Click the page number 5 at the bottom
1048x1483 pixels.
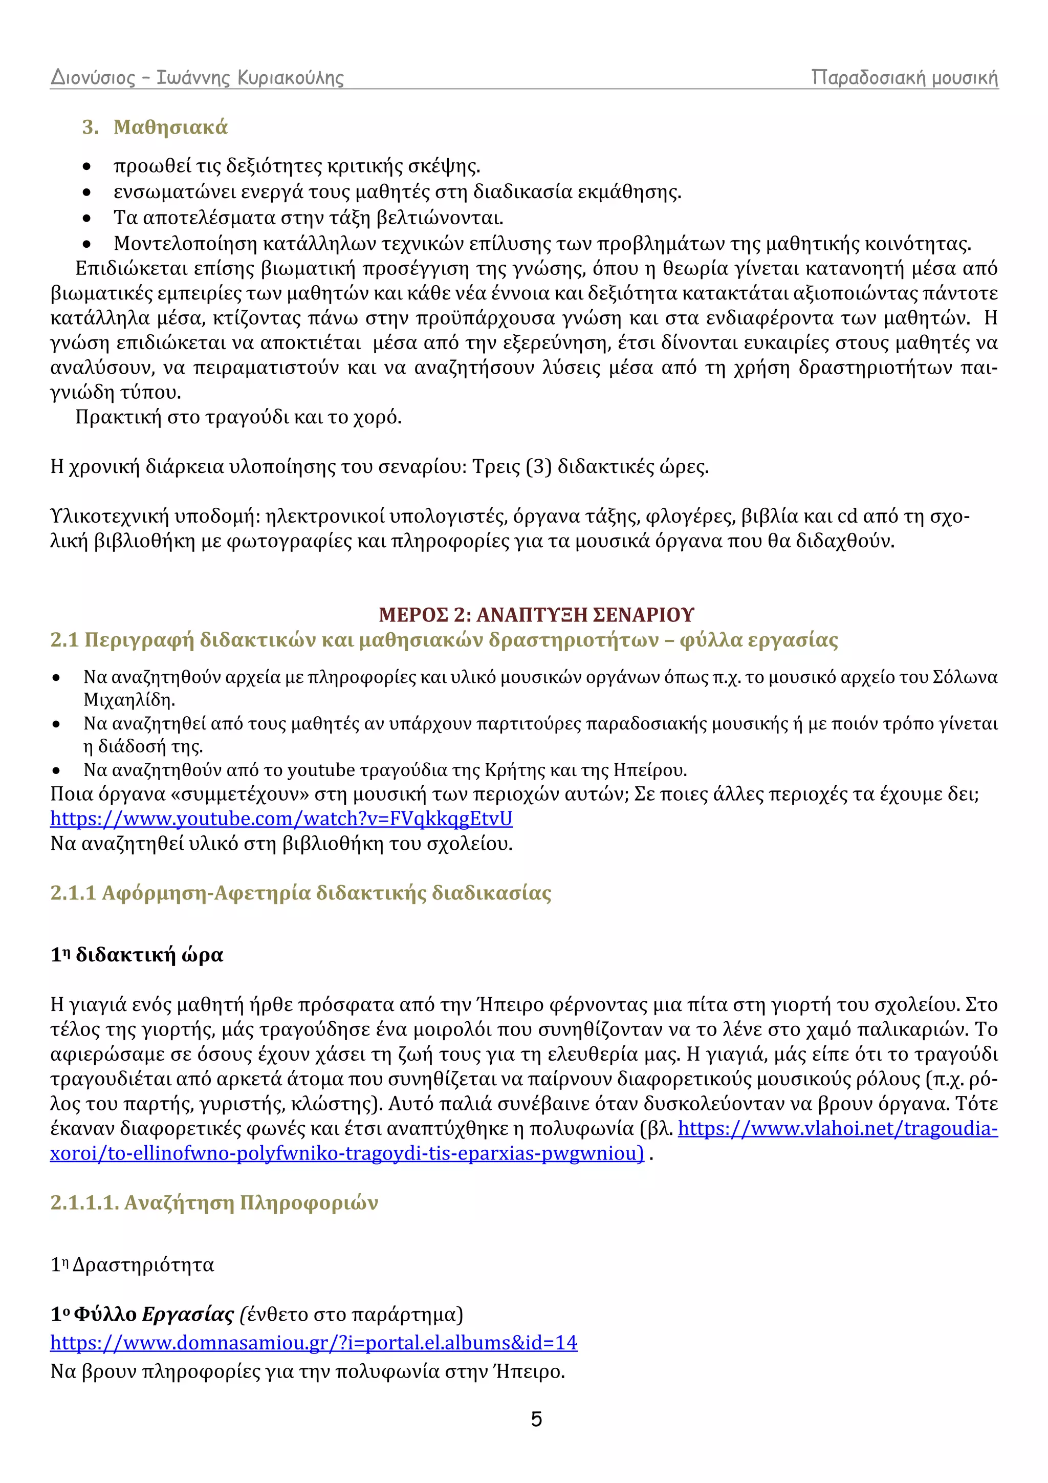[536, 1419]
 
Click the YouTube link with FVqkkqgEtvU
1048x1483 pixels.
[281, 819]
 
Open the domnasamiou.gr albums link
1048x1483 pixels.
[313, 1343]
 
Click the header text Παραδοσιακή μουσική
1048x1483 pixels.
[904, 78]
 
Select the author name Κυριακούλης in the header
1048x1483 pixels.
[291, 78]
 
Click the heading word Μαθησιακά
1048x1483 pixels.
[170, 127]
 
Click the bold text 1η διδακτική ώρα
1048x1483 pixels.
[137, 955]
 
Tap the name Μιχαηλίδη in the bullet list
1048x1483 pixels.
[129, 700]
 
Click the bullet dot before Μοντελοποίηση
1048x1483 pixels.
[87, 244]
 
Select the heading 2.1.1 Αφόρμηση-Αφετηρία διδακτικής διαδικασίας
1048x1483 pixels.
[300, 893]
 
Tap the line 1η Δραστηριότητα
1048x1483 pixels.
[133, 1265]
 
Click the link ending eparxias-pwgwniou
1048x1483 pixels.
[347, 1154]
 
